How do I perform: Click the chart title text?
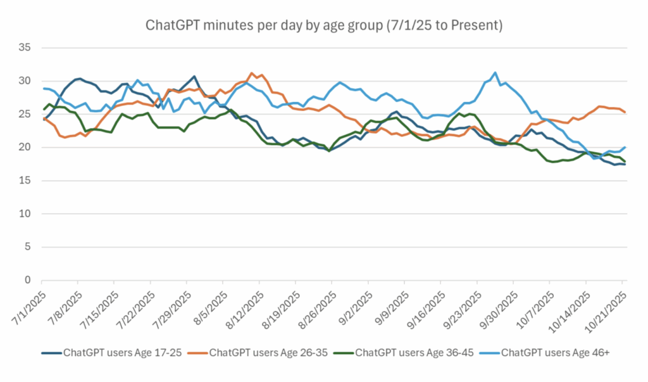click(324, 26)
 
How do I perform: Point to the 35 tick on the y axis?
click(27, 48)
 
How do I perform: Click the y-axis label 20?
click(27, 147)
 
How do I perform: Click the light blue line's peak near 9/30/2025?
click(495, 72)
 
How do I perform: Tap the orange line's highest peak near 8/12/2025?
click(252, 73)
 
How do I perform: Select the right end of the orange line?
click(626, 112)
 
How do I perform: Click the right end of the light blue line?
click(626, 147)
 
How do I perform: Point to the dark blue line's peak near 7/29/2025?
click(194, 76)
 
